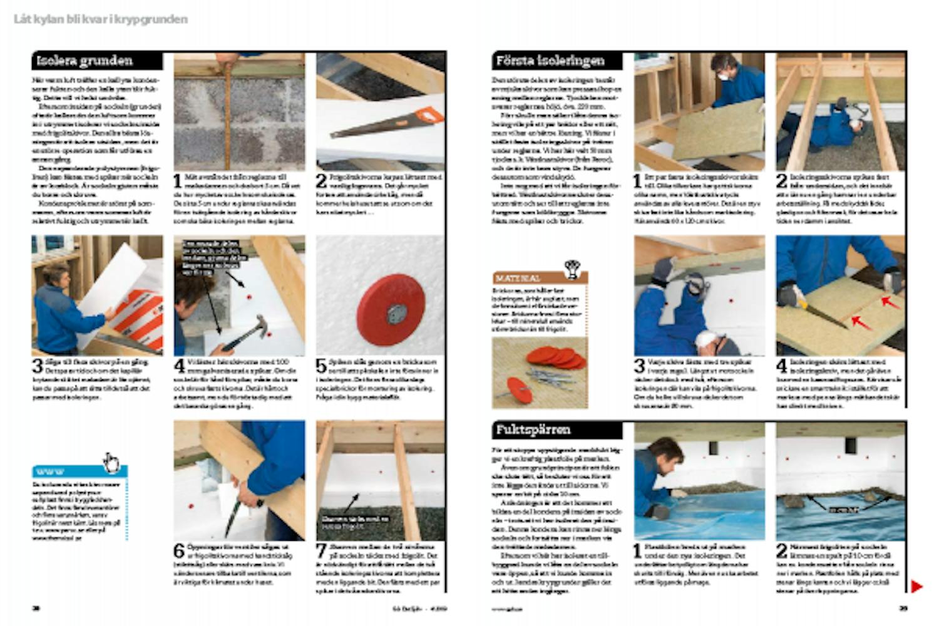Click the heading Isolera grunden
point(85,61)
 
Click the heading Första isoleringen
point(550,61)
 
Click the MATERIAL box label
point(518,278)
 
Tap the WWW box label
point(50,471)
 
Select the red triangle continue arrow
point(916,587)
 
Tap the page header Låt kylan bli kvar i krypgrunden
point(100,19)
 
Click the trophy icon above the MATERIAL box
point(572,268)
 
